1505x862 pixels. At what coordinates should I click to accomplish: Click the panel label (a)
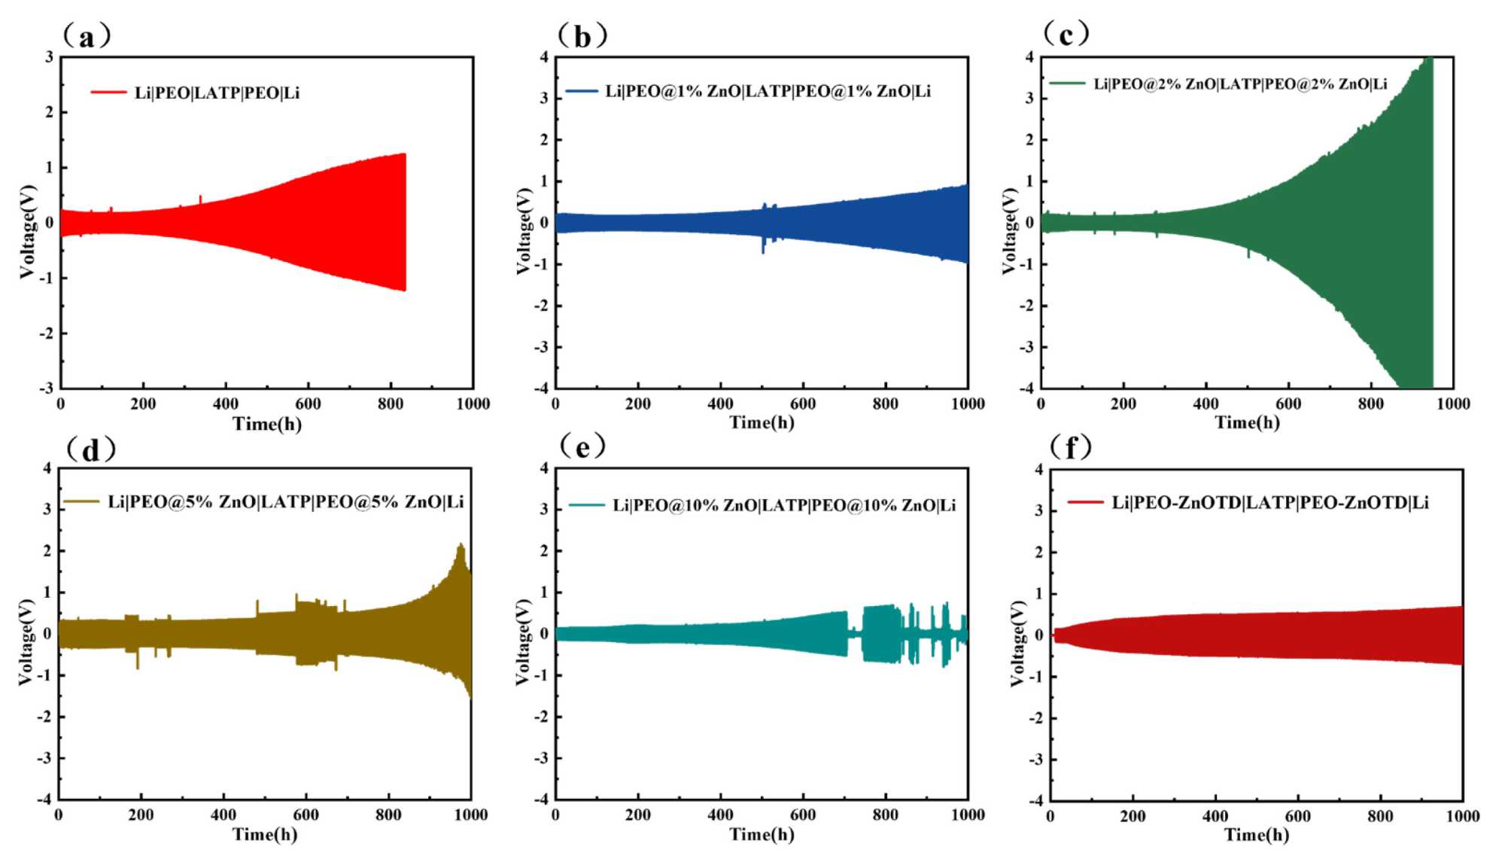(x=87, y=36)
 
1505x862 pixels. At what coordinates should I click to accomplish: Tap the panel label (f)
(x=1070, y=447)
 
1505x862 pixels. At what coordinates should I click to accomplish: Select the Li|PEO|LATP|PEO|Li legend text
(x=217, y=93)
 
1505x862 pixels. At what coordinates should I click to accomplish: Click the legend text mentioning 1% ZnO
(x=768, y=91)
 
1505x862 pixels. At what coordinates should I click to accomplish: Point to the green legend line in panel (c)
(x=1067, y=84)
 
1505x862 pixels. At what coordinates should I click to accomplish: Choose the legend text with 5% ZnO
(x=285, y=501)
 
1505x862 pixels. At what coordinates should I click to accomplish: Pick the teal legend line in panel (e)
(x=586, y=504)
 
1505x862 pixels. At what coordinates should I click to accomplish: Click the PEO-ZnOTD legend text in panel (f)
(x=1269, y=502)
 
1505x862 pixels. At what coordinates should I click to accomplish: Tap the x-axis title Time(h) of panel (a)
(x=267, y=424)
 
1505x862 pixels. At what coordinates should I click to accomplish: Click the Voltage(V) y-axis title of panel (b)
(x=524, y=230)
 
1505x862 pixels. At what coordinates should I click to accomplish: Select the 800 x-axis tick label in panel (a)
(x=390, y=404)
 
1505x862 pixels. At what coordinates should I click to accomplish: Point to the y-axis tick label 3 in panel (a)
(x=50, y=57)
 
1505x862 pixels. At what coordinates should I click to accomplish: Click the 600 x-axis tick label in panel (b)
(x=802, y=404)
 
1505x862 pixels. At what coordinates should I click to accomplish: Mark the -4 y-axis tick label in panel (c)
(x=1026, y=388)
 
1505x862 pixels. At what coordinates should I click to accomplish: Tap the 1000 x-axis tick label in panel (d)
(x=470, y=815)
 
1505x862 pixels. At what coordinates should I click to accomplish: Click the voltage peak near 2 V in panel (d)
(x=461, y=545)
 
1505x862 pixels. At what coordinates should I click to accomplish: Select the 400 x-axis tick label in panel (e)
(x=720, y=815)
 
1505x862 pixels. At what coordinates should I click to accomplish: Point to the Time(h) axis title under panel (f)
(x=1256, y=834)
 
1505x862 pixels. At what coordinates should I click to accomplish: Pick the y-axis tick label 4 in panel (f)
(x=1038, y=470)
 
